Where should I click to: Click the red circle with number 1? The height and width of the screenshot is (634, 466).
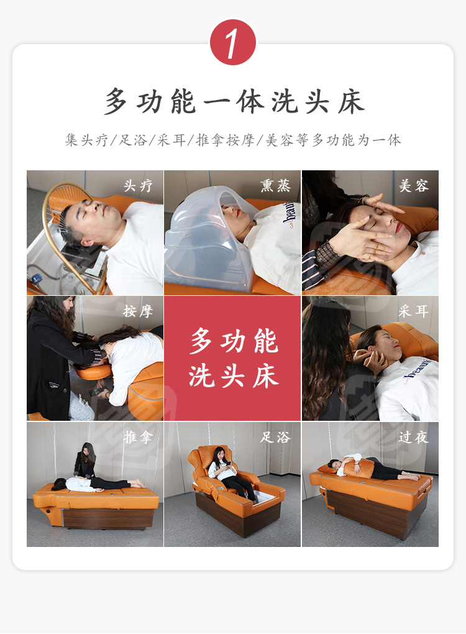pyautogui.click(x=233, y=42)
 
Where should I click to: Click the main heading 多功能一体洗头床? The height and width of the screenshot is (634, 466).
pyautogui.click(x=234, y=101)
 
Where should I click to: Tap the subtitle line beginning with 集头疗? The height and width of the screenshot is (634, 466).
pyautogui.click(x=233, y=140)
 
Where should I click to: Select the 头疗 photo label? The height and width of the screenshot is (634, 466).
pyautogui.click(x=138, y=186)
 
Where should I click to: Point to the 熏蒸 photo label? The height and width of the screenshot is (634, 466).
pyautogui.click(x=276, y=185)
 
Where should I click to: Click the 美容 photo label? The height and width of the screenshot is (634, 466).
pyautogui.click(x=413, y=186)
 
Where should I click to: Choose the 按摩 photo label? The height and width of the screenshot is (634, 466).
pyautogui.click(x=138, y=311)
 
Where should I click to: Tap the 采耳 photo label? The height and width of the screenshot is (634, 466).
pyautogui.click(x=413, y=311)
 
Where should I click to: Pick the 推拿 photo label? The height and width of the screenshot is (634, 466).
pyautogui.click(x=138, y=437)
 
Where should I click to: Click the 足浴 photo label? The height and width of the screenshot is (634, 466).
pyautogui.click(x=276, y=437)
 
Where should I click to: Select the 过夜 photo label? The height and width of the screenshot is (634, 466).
pyautogui.click(x=413, y=437)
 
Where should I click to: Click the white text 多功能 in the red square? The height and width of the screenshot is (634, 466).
pyautogui.click(x=234, y=341)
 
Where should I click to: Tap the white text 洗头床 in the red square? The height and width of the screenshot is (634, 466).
pyautogui.click(x=234, y=376)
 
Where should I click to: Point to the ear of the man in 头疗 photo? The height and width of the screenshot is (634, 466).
pyautogui.click(x=86, y=242)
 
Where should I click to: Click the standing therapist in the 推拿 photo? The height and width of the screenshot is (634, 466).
pyautogui.click(x=86, y=461)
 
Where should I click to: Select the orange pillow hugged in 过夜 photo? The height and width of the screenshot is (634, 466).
pyautogui.click(x=358, y=468)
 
